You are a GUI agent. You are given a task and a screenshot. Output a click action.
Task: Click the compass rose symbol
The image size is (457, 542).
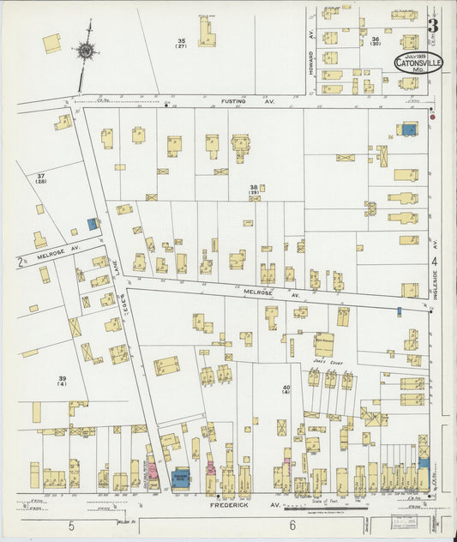[86, 51]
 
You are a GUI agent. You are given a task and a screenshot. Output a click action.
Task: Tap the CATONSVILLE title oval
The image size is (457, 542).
[419, 63]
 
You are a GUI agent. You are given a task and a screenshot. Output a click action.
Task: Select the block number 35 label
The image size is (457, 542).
[182, 43]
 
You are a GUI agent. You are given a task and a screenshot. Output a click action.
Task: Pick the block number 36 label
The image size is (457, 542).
[376, 41]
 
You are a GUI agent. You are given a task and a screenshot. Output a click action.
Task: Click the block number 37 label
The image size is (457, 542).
[40, 178]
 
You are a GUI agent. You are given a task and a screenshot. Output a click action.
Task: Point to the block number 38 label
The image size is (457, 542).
[254, 189]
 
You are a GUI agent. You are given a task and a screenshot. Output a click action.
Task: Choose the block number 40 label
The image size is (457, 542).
[286, 390]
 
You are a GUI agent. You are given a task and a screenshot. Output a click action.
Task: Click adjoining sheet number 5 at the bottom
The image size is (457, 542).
[72, 525]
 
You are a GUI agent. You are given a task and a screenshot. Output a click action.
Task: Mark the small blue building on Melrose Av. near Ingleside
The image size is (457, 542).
[399, 311]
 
